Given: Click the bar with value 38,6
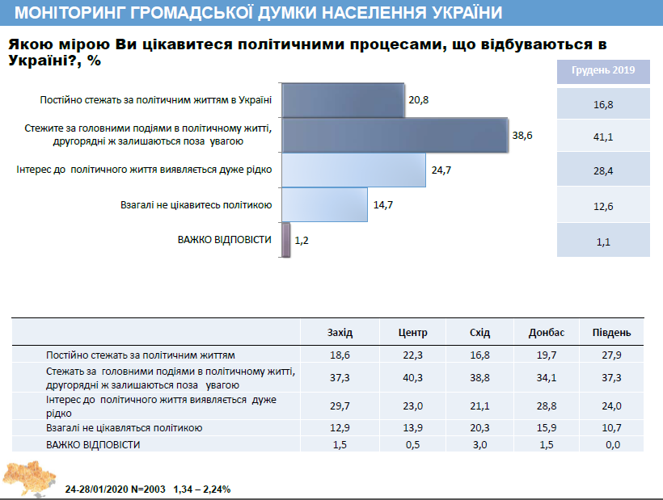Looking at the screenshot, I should [x=395, y=136].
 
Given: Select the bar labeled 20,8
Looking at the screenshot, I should [x=344, y=101].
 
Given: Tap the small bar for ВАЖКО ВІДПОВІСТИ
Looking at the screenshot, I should [x=287, y=240].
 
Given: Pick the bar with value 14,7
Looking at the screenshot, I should [x=325, y=205].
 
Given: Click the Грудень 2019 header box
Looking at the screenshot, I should [x=603, y=70].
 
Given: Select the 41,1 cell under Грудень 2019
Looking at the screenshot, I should [x=603, y=137].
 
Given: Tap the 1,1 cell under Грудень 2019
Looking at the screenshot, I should [x=603, y=240].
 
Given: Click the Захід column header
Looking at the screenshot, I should [x=340, y=333].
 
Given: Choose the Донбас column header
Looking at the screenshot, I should [x=546, y=333].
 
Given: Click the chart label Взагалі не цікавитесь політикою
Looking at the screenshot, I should [x=195, y=205].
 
